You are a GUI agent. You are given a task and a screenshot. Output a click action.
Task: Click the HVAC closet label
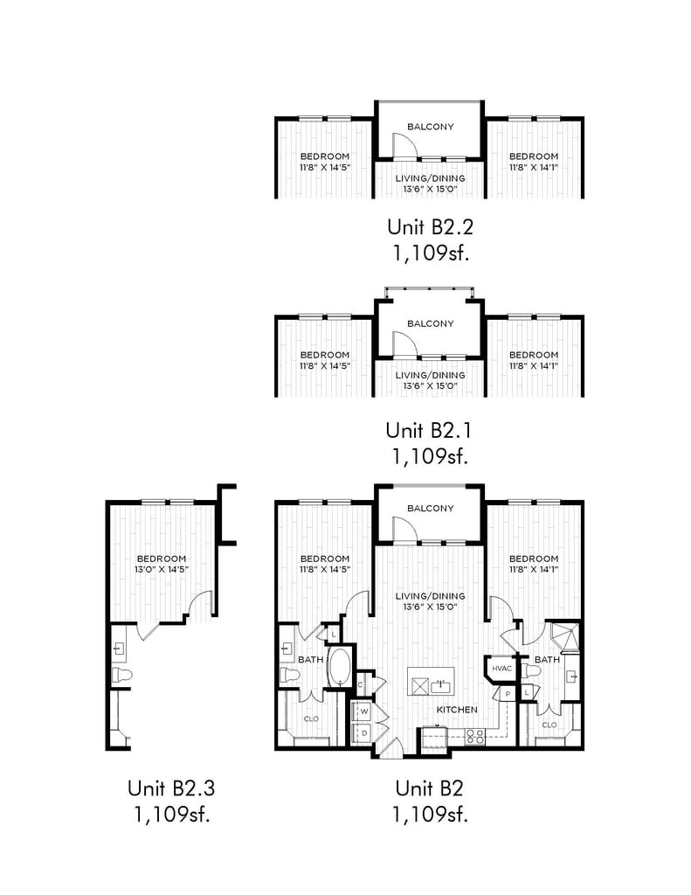click(x=501, y=669)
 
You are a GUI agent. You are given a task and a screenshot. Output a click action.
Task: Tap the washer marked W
click(x=364, y=711)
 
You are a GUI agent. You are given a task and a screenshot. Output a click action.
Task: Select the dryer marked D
click(x=364, y=732)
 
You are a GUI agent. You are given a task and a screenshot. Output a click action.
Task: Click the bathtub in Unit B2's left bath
click(x=341, y=667)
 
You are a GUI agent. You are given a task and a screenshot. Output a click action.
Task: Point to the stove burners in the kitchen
click(x=474, y=737)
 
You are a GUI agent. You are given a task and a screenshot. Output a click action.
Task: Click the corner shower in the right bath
click(x=563, y=636)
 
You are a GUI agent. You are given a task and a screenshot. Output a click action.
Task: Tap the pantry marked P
click(x=508, y=693)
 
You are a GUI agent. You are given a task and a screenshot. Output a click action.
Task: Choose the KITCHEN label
click(x=457, y=710)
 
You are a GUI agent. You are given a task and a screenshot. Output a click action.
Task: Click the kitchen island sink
click(x=440, y=684)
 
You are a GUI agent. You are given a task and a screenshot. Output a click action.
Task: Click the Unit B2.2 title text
click(x=430, y=226)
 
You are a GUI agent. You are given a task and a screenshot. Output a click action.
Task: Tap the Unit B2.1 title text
click(x=429, y=430)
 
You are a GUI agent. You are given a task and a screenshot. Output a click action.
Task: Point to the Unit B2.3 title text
click(x=171, y=788)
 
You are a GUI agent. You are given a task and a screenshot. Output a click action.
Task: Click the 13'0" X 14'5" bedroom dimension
click(x=162, y=569)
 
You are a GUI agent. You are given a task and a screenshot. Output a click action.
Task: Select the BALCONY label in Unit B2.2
click(x=430, y=127)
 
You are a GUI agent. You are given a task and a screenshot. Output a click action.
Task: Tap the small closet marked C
click(x=361, y=684)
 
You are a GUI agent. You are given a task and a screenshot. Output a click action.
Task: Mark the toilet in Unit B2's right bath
click(x=530, y=673)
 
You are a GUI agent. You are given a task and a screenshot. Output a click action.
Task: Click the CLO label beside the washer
click(x=311, y=718)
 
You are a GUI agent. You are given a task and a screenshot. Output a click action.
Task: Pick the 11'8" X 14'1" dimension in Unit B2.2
click(x=534, y=167)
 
